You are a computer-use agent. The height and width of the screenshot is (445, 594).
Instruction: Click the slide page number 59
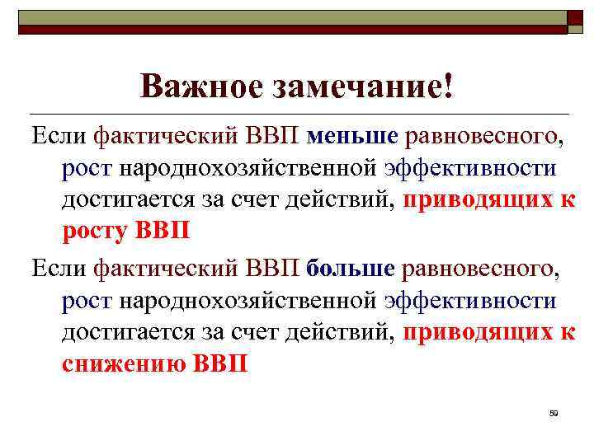click(x=554, y=413)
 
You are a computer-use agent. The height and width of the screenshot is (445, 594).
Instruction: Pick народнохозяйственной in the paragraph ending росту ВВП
click(x=249, y=167)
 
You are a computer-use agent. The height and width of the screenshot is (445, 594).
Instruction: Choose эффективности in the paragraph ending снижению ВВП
click(x=470, y=300)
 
